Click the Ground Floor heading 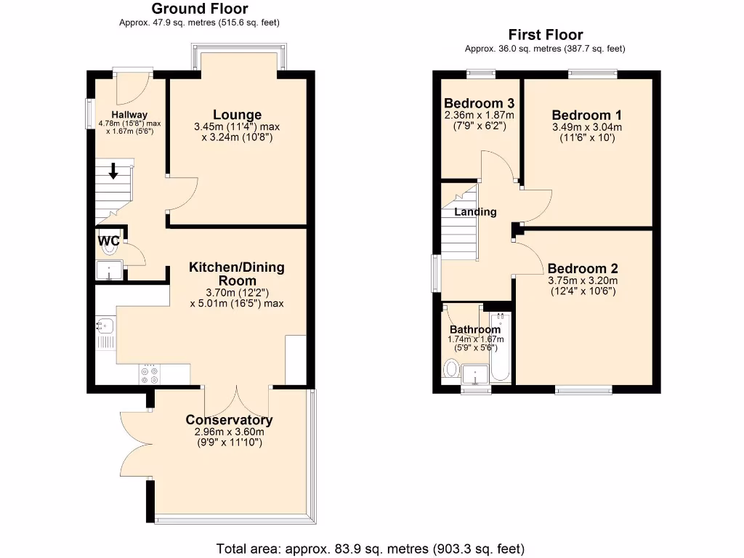click(x=199, y=9)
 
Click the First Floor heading click(x=545, y=35)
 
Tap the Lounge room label click(x=237, y=115)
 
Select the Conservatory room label click(x=229, y=420)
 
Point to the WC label click(x=108, y=239)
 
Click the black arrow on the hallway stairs click(x=114, y=172)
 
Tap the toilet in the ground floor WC click(x=110, y=248)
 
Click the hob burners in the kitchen click(x=150, y=374)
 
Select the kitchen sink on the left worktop click(x=105, y=326)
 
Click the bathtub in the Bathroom click(x=501, y=349)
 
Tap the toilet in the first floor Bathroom click(x=450, y=371)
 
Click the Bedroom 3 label click(x=479, y=102)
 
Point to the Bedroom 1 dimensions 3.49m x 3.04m click(x=587, y=127)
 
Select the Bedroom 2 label click(x=583, y=267)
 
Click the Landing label click(x=475, y=212)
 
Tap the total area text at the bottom click(x=371, y=548)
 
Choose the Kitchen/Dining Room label click(x=236, y=274)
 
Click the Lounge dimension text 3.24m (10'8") click(x=237, y=137)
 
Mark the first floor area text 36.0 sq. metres click(x=545, y=49)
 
